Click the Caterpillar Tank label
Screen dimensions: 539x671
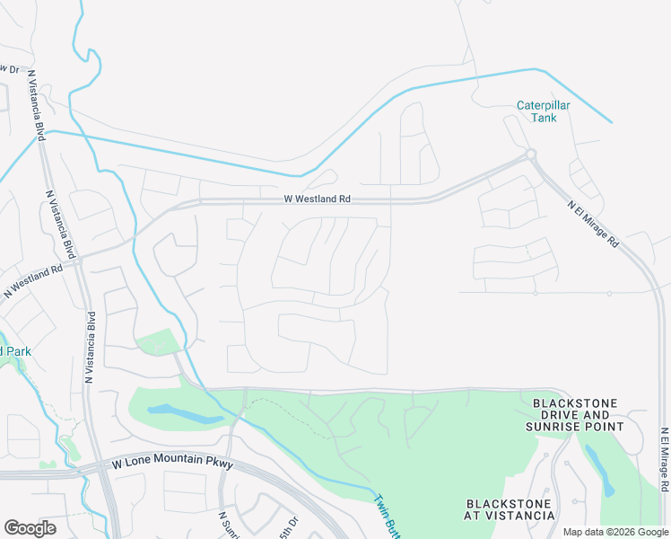[x=543, y=111]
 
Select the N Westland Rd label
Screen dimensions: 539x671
[x=32, y=277]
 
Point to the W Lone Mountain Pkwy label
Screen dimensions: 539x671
[x=173, y=464]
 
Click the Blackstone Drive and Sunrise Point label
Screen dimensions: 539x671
[x=574, y=415]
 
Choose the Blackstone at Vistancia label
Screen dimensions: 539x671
[x=510, y=508]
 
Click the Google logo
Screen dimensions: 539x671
[x=30, y=528]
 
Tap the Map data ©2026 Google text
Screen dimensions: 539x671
[x=614, y=532]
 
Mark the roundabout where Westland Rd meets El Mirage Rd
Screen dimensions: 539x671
[x=531, y=155]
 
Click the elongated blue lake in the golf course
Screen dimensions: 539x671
[x=185, y=414]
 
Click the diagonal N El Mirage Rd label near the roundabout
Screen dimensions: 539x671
[x=593, y=224]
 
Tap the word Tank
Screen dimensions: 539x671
[x=543, y=118]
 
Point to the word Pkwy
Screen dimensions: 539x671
[x=218, y=464]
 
